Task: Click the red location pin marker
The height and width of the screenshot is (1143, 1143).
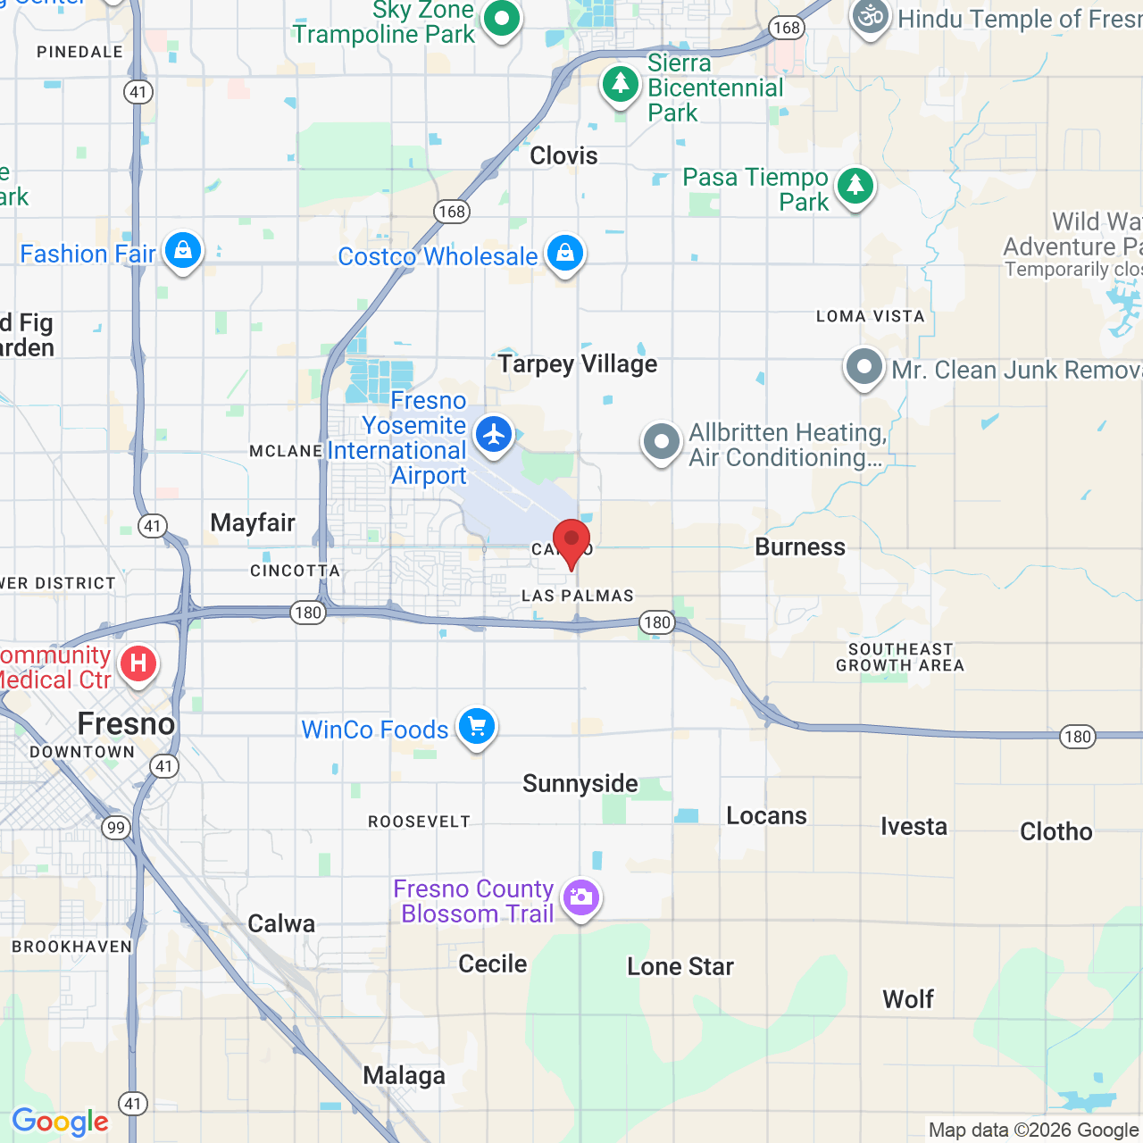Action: coord(571,541)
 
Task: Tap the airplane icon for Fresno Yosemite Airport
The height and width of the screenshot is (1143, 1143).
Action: coord(493,435)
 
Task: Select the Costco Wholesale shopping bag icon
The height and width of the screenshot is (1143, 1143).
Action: coord(564,254)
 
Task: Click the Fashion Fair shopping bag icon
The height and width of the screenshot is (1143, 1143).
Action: coord(183,251)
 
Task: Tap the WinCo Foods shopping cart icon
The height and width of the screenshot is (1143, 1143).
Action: coord(477,727)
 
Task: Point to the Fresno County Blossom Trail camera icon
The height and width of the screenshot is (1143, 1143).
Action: coord(581,897)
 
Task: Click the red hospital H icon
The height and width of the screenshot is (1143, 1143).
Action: coord(138,663)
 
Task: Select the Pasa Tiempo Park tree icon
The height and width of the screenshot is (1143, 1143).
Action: coord(855,186)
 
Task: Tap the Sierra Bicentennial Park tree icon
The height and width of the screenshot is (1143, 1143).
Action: coord(620,85)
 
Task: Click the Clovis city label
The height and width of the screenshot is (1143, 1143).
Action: coord(563,156)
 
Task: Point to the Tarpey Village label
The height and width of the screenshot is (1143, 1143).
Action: coord(578,364)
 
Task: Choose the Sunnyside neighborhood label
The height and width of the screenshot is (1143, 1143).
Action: coord(580,784)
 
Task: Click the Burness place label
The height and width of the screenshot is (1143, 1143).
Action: coord(800,547)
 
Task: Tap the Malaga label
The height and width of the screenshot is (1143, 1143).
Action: coord(404,1077)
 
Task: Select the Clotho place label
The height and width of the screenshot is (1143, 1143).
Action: coord(1056,832)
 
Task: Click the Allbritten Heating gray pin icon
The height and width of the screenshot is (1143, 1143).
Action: coord(662,441)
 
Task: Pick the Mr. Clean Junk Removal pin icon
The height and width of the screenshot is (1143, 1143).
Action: coord(864,367)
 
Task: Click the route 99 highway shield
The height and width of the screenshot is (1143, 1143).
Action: coord(116,828)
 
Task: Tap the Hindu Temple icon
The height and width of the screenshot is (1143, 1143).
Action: coord(870,17)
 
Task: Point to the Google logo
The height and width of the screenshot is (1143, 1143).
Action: coord(61,1122)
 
